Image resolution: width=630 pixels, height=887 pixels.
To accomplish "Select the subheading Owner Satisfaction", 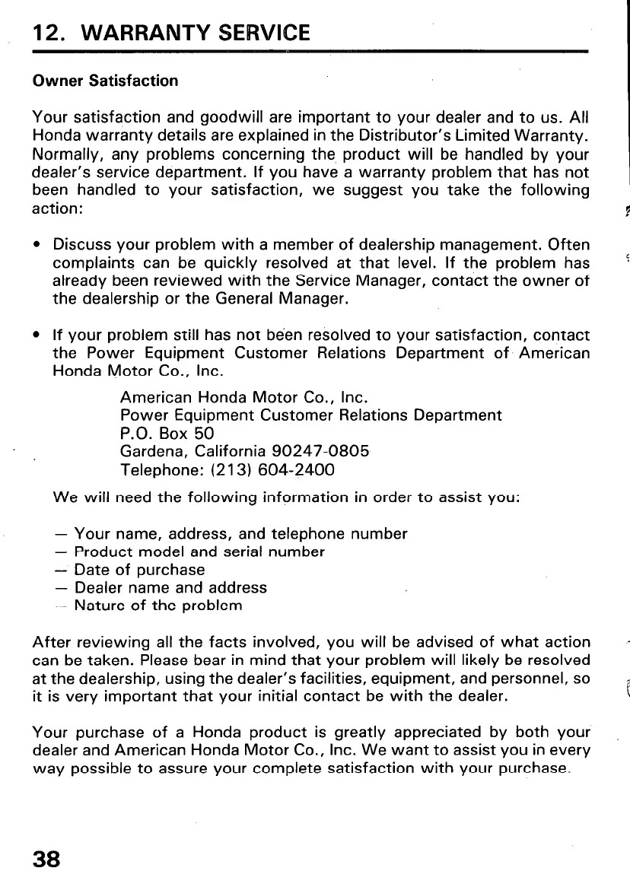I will [105, 81].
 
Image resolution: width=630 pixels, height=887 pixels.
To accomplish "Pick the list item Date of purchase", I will [139, 570].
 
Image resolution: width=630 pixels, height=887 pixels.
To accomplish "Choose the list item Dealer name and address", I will [170, 588].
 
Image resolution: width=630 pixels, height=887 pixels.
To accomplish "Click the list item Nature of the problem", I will [158, 606].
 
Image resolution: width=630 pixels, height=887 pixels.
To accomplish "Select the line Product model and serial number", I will [199, 552].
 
